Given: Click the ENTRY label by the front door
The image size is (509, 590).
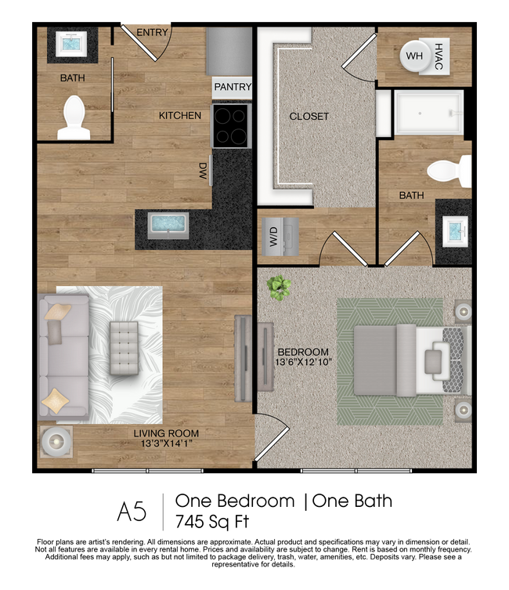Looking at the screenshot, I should coord(152,33).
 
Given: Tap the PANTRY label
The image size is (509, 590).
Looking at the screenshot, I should coord(232,87).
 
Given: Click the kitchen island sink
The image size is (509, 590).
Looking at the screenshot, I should coord(168,224).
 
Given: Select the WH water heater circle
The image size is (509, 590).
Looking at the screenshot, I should coord(414,55).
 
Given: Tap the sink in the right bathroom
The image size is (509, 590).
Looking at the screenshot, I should coord(454,231).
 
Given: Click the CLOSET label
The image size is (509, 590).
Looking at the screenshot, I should coord(309,117).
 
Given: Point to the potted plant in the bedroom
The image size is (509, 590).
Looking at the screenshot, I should coord(278,288).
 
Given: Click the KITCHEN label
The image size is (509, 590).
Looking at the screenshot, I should coord(180,116).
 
